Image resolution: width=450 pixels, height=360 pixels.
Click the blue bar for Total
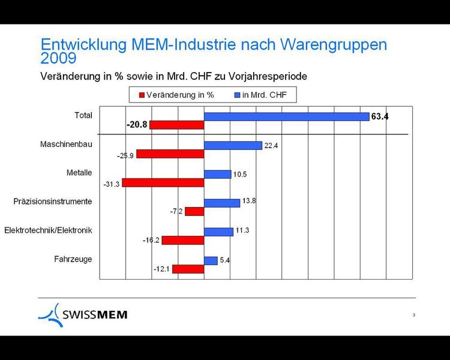(x=286, y=116)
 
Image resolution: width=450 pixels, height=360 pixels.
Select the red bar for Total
(x=177, y=125)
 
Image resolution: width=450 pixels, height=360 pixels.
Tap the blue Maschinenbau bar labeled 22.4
(x=233, y=145)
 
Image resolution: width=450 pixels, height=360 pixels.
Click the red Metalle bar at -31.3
(x=163, y=182)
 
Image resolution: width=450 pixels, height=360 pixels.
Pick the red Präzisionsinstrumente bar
(x=194, y=211)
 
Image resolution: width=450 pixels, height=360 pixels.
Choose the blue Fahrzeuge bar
(x=211, y=260)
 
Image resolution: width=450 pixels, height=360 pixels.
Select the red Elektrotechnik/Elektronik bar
(x=183, y=240)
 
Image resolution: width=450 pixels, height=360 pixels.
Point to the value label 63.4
(x=380, y=116)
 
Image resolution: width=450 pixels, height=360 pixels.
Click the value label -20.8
(x=137, y=125)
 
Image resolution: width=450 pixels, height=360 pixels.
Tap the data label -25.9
(x=126, y=155)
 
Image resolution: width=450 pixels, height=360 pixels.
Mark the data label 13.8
(x=248, y=201)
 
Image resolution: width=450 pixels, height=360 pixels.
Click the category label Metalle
(x=79, y=173)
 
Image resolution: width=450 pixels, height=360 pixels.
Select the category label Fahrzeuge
(x=73, y=259)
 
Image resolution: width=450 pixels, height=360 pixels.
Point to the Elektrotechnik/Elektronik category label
(x=48, y=230)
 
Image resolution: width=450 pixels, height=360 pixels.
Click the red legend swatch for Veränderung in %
(x=142, y=95)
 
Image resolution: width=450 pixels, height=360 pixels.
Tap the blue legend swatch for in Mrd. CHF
(x=238, y=95)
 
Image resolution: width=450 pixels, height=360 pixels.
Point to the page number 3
(x=414, y=315)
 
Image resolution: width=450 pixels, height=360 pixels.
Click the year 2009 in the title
(x=58, y=58)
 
